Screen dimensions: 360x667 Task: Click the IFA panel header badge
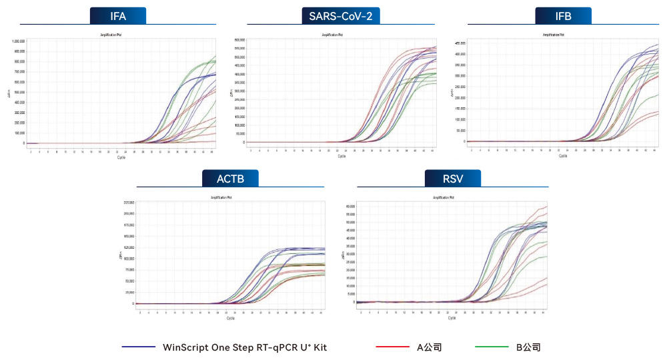[118, 16]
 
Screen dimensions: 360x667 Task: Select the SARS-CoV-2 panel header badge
[340, 16]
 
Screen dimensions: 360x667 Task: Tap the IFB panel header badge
[563, 16]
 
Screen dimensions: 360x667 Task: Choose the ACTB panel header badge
[230, 178]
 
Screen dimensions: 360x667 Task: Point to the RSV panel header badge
[452, 178]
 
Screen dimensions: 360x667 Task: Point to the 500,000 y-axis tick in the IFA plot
[19, 92]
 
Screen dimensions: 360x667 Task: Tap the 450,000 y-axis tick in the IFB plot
[460, 43]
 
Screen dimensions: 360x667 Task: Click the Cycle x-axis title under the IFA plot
[121, 158]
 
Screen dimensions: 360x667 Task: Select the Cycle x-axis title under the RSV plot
[452, 318]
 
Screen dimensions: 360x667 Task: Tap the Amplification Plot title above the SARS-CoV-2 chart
[340, 35]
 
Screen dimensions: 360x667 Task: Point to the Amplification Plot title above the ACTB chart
[230, 197]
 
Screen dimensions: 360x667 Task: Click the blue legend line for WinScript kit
[139, 347]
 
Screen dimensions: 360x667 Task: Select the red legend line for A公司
[392, 347]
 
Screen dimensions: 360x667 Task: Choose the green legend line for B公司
[491, 347]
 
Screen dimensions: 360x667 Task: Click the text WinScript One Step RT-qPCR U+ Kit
[245, 347]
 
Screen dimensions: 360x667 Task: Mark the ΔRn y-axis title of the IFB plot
[453, 93]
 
